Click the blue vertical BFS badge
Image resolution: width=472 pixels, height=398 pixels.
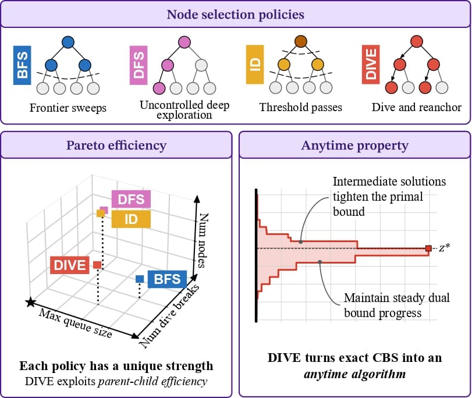pos(22,65)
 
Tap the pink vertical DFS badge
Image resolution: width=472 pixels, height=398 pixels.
pos(139,65)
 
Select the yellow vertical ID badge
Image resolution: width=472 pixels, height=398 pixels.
pos(255,65)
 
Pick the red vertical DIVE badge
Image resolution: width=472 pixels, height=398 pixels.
pos(371,65)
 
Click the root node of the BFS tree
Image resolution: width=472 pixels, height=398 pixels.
pos(68,42)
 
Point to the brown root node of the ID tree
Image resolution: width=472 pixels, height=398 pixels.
pos(301,41)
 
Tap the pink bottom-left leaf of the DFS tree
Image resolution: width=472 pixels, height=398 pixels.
pos(159,88)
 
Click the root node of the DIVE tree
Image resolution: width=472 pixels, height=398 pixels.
pos(417,41)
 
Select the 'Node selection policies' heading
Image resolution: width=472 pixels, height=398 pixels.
pos(235,15)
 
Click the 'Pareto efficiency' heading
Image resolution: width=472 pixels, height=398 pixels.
pos(116,145)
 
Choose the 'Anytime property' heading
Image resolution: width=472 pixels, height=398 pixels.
pos(355,145)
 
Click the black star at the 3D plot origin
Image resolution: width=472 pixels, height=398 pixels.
pos(30,302)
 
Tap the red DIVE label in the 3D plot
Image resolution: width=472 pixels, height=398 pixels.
pos(69,265)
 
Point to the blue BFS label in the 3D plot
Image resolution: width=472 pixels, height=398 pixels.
pos(167,279)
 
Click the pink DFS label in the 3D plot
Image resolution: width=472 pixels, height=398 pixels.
pos(131,200)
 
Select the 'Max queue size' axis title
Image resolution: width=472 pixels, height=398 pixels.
pos(75,324)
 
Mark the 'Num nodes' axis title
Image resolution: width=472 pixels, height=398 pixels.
pos(203,240)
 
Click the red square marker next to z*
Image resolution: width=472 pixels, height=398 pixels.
pos(428,248)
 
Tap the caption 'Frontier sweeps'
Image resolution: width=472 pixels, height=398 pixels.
pos(68,108)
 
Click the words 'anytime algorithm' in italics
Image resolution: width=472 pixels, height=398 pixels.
pos(355,374)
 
